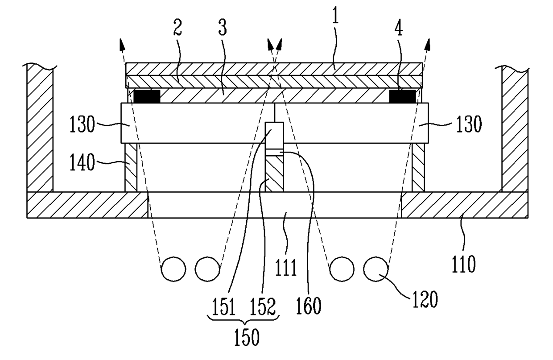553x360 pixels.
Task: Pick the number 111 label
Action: (x=286, y=269)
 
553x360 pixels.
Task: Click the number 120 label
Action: (x=425, y=302)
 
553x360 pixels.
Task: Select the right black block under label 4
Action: (x=403, y=95)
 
